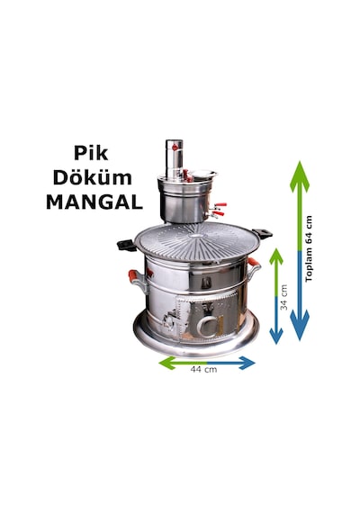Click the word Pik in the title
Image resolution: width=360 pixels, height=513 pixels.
91,153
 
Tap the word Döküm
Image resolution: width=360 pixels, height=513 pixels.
93,178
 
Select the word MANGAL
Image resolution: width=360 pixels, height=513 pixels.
94,202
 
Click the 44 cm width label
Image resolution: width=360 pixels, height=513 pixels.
203,369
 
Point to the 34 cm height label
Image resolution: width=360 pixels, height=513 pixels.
284,297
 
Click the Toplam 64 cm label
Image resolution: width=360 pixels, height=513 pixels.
309,248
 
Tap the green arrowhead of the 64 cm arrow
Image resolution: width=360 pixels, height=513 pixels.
300,176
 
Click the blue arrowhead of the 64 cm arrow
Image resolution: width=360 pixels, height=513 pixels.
300,325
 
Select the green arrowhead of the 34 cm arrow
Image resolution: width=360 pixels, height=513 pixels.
276,256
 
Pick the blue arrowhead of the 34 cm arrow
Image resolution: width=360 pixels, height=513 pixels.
276,336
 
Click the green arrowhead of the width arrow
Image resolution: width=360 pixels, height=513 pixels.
167,363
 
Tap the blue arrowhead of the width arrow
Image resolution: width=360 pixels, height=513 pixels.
247,363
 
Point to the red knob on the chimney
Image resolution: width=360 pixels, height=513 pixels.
175,148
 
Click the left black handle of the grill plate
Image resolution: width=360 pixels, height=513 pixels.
127,245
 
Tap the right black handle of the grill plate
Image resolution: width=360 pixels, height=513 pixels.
262,233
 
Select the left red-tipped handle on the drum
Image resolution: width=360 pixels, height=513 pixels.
137,281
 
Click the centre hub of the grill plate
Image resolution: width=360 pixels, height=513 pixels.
195,236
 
